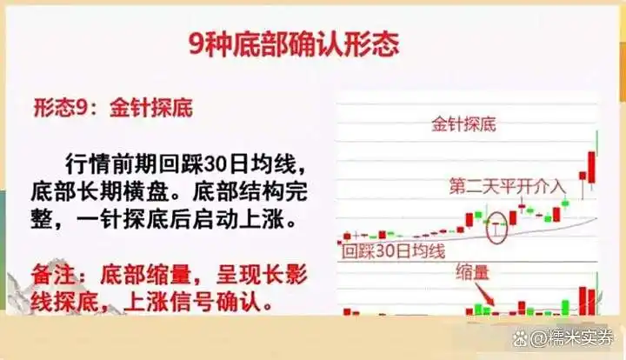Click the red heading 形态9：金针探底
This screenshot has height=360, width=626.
tap(113, 109)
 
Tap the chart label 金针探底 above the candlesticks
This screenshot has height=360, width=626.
tap(463, 124)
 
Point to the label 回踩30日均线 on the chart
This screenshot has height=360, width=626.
tap(393, 253)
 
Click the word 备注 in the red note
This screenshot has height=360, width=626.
tap(57, 275)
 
